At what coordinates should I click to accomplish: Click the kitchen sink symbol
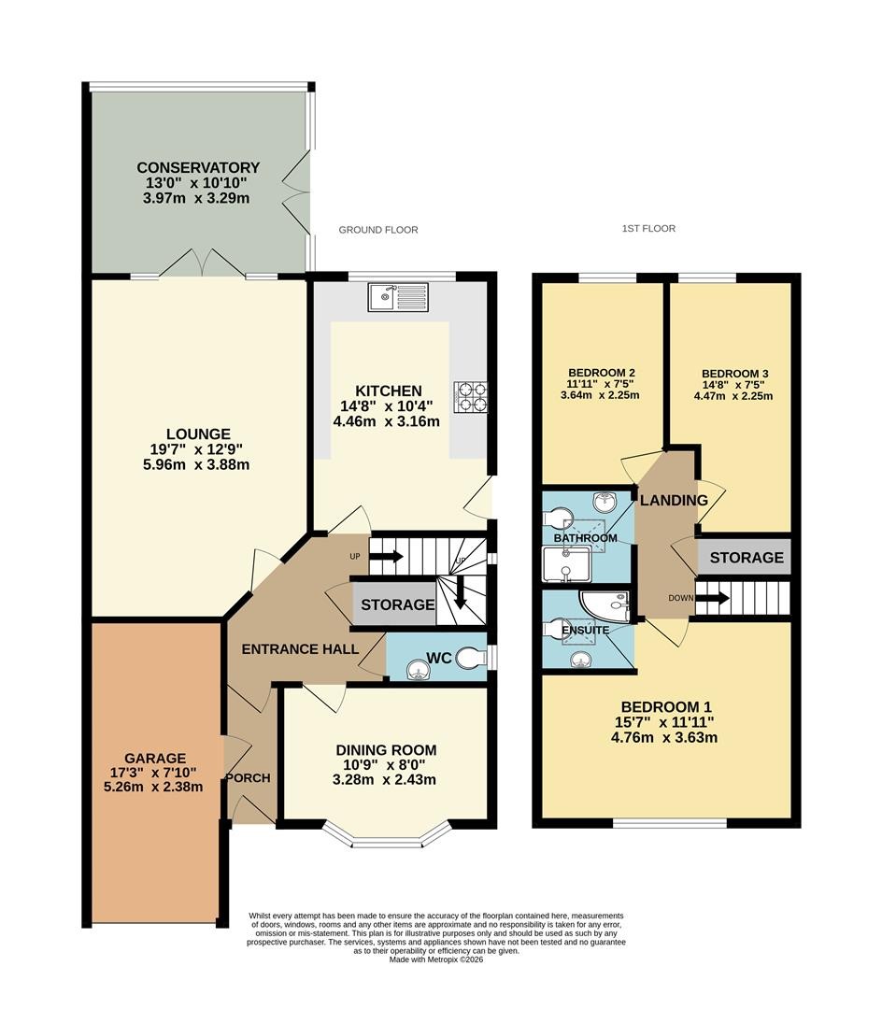click(x=398, y=297)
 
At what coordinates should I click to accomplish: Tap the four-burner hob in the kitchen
click(x=471, y=397)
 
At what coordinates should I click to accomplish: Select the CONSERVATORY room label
click(x=198, y=167)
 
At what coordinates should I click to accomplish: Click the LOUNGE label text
click(x=198, y=433)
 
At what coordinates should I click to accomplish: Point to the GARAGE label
click(x=155, y=758)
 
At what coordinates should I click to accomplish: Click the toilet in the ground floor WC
click(x=473, y=659)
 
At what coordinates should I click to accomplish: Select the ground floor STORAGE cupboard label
click(x=398, y=604)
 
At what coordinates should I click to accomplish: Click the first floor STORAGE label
click(x=747, y=558)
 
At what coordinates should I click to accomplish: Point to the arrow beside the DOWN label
click(x=713, y=599)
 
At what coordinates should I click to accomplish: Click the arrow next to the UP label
click(x=386, y=556)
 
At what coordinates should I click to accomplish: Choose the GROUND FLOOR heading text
click(x=378, y=230)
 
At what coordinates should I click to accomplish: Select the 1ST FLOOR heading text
click(x=648, y=229)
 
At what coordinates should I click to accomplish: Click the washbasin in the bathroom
click(x=605, y=501)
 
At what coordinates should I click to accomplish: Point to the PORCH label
click(x=249, y=778)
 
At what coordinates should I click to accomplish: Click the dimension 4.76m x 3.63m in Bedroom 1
click(x=664, y=737)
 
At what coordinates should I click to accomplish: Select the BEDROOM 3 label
click(x=734, y=374)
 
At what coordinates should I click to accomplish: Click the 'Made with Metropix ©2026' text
click(x=436, y=959)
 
